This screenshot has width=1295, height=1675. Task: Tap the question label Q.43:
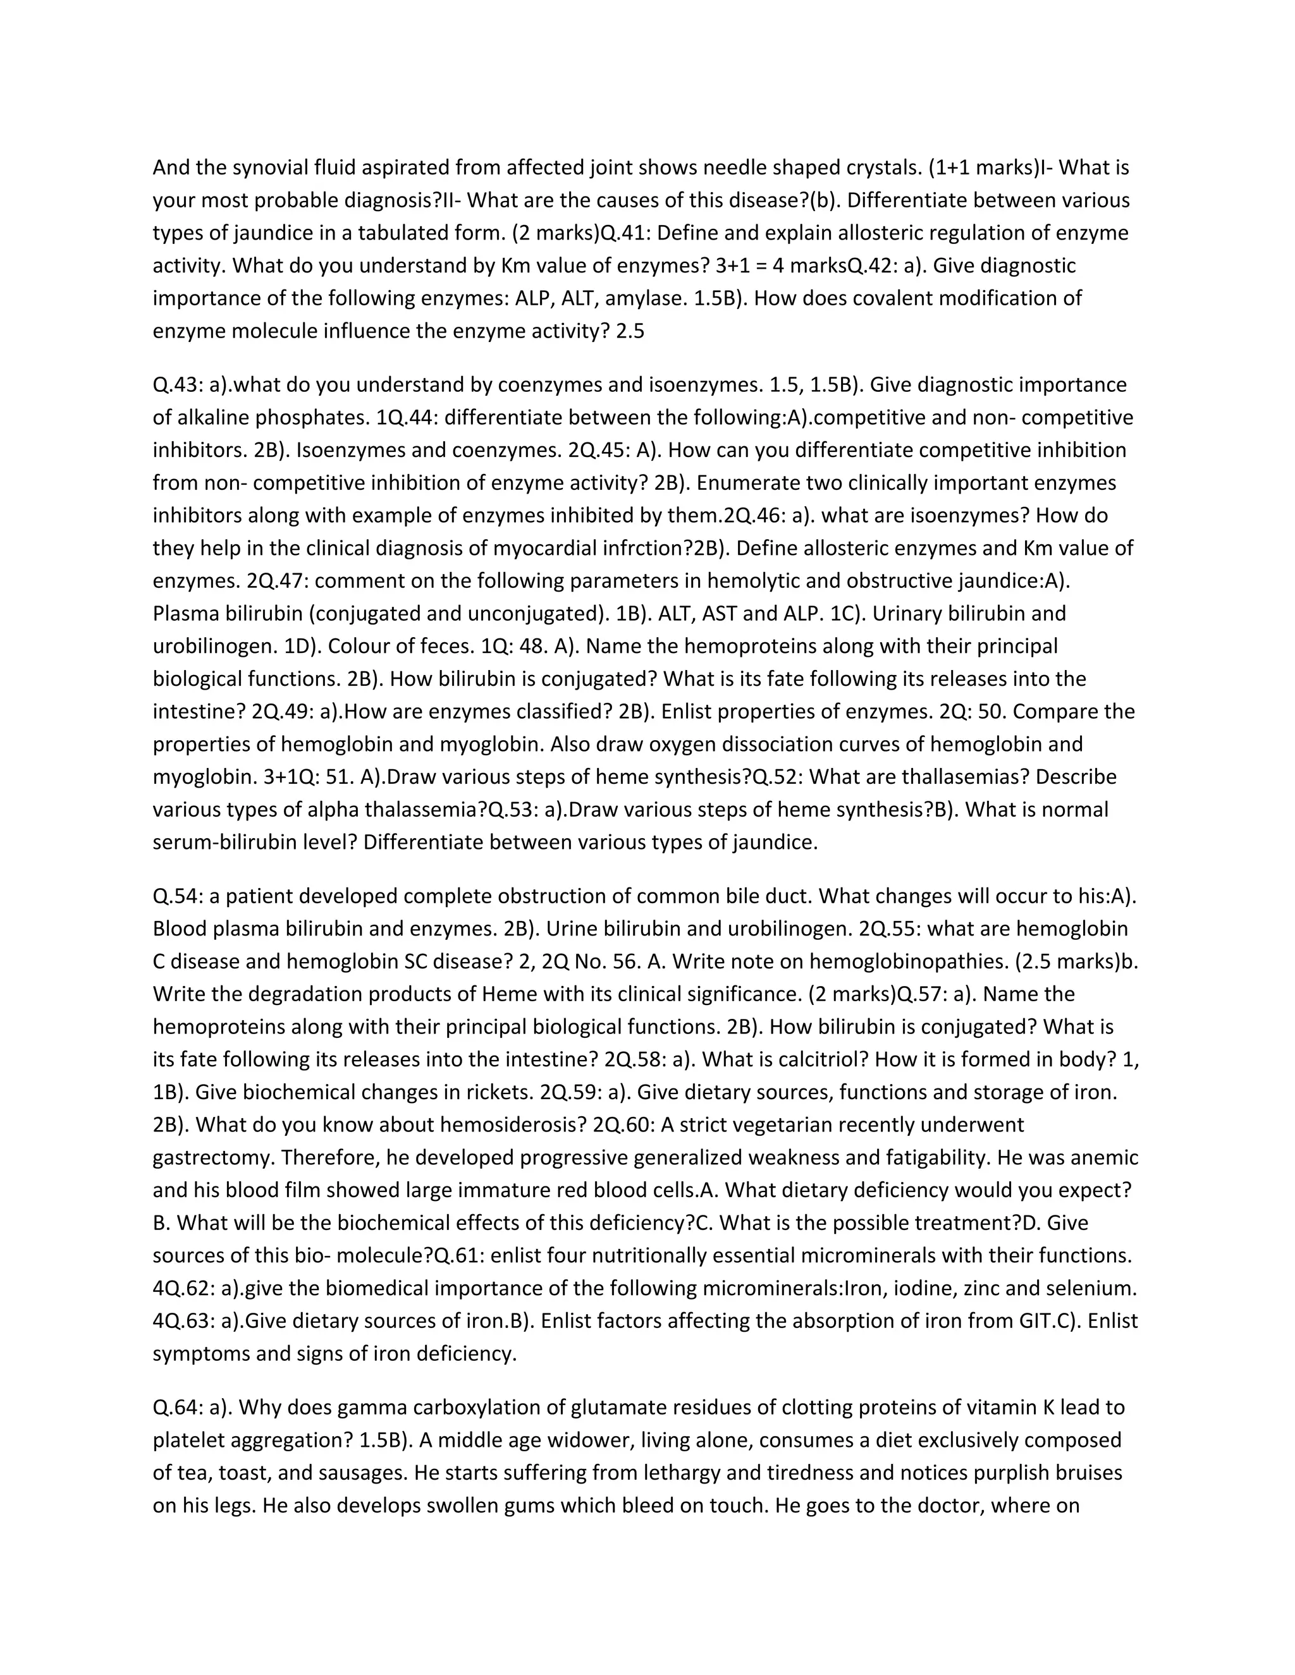coord(178,385)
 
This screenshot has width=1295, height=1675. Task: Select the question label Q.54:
coord(178,896)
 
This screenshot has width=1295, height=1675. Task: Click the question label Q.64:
coord(178,1408)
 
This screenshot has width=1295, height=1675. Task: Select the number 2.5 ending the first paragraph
coord(630,331)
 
